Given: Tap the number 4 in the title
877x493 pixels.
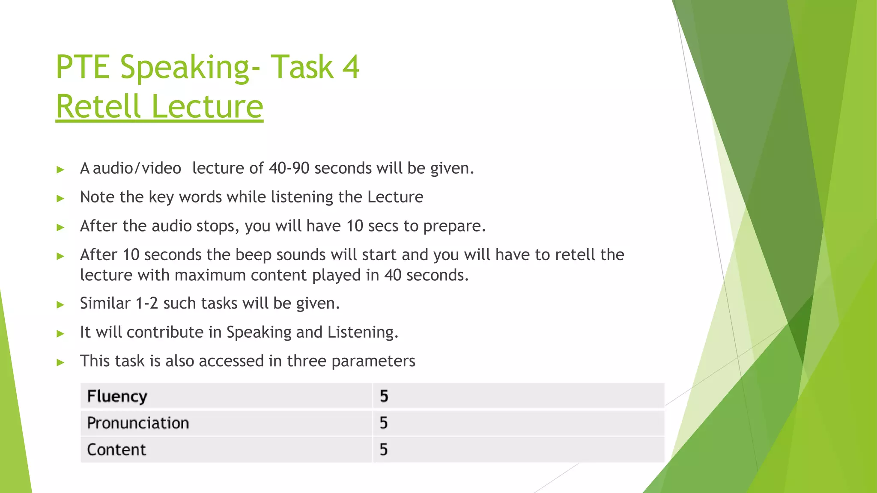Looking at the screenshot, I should pyautogui.click(x=351, y=67).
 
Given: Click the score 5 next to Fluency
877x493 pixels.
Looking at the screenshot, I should pyautogui.click(x=384, y=396).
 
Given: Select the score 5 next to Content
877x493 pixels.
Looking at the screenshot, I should pyautogui.click(x=384, y=450).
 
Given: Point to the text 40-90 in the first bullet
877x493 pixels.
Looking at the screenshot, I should pyautogui.click(x=289, y=168).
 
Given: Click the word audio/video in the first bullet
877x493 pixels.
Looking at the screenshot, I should pyautogui.click(x=137, y=169).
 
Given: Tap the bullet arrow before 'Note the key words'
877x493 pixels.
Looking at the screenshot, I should pyautogui.click(x=60, y=198).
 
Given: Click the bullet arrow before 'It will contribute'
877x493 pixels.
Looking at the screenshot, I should pyautogui.click(x=60, y=333).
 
